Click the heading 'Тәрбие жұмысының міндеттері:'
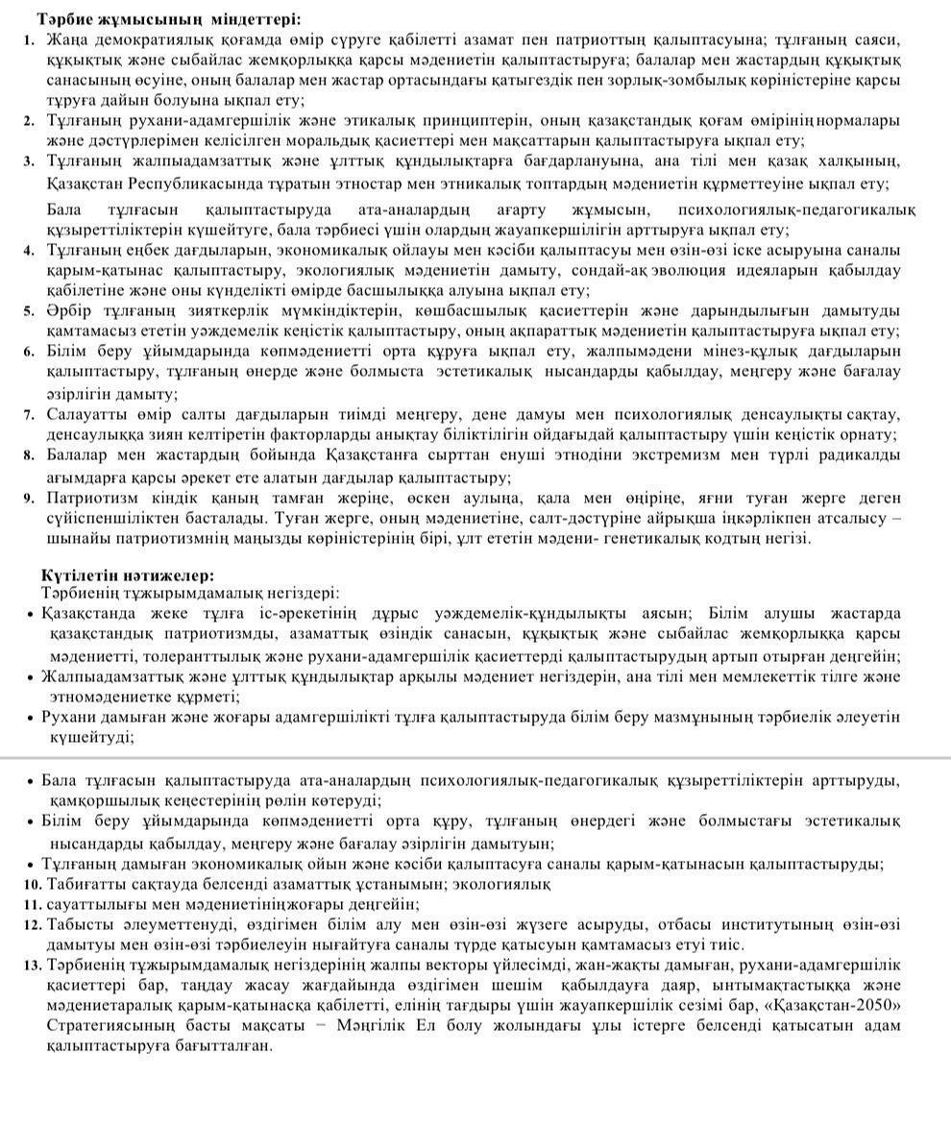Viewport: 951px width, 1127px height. (168, 18)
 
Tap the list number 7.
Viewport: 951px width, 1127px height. (29, 415)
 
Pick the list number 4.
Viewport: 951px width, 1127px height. (29, 250)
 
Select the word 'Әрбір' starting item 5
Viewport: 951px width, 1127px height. (67, 310)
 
